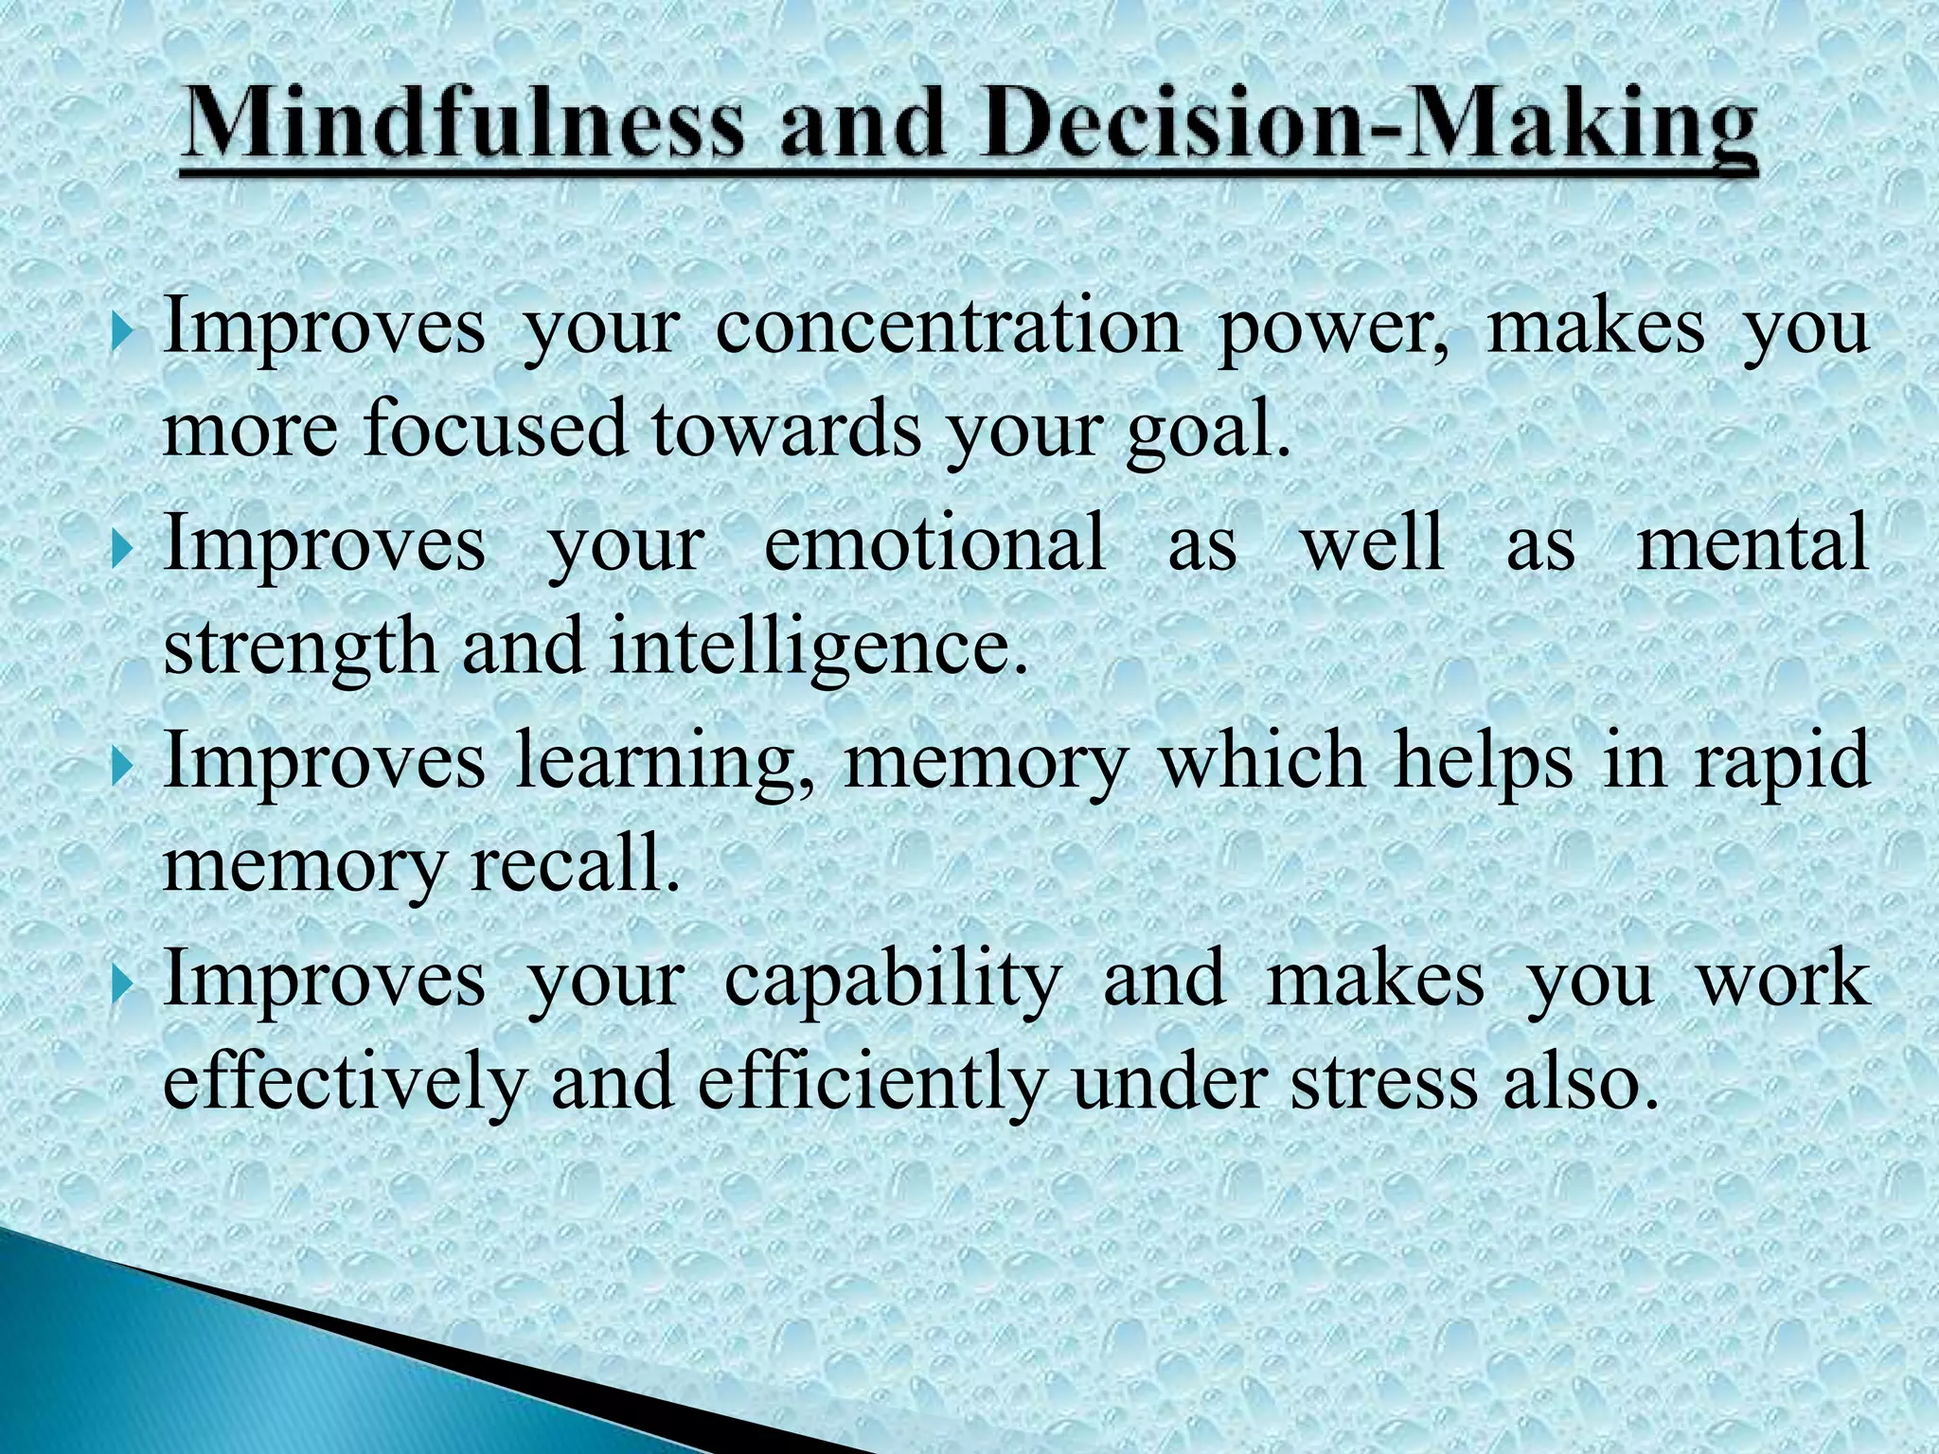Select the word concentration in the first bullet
pos(948,328)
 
